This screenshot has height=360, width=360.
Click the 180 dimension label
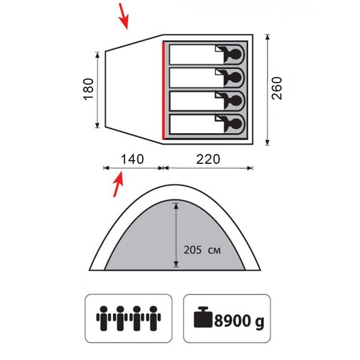tap(88, 89)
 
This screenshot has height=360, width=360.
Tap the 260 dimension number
tap(277, 88)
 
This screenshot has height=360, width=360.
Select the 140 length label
tap(132, 159)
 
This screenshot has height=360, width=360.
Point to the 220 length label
tap(208, 159)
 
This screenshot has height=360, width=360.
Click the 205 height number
tap(193, 250)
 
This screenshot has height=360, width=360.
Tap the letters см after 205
tap(214, 250)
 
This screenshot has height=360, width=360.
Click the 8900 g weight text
tap(239, 321)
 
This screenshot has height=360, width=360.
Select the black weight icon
tap(203, 317)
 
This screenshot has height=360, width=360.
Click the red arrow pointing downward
tap(124, 16)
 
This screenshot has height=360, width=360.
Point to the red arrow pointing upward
tap(118, 184)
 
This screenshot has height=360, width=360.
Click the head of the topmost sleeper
tap(236, 55)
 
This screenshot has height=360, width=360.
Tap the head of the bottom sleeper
tap(236, 124)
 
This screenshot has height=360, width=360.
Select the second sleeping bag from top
tap(206, 78)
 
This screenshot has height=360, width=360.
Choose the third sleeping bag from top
tap(206, 101)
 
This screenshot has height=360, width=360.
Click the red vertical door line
tap(163, 91)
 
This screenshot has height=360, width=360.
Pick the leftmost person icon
tap(104, 318)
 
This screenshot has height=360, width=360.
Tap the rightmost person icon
tap(154, 318)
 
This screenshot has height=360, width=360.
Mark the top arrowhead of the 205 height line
tap(176, 206)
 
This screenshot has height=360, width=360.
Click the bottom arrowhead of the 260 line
tap(267, 142)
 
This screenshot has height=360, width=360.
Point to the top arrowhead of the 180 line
tap(97, 55)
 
